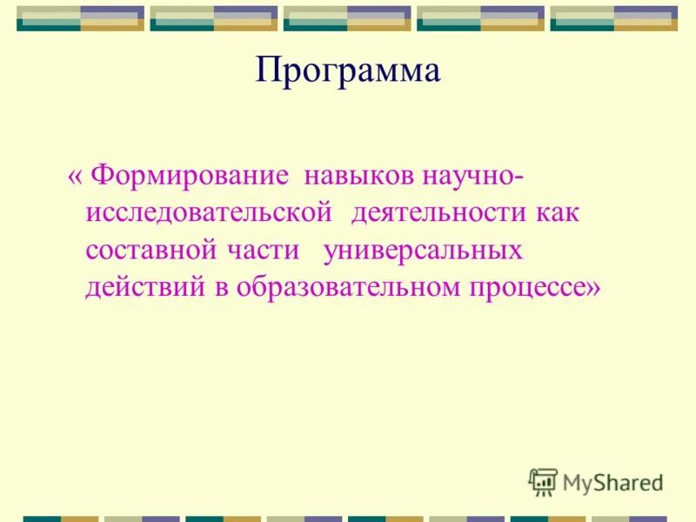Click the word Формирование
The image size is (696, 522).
click(x=190, y=176)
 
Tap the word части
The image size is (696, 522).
click(x=266, y=251)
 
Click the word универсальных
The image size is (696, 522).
click(x=423, y=251)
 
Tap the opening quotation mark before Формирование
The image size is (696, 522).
click(x=76, y=176)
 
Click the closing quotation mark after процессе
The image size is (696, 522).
click(x=592, y=288)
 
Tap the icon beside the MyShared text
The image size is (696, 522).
click(x=543, y=482)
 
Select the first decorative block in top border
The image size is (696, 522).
click(x=81, y=18)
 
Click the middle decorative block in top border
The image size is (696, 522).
click(x=347, y=18)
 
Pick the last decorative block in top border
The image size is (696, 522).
click(x=613, y=18)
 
